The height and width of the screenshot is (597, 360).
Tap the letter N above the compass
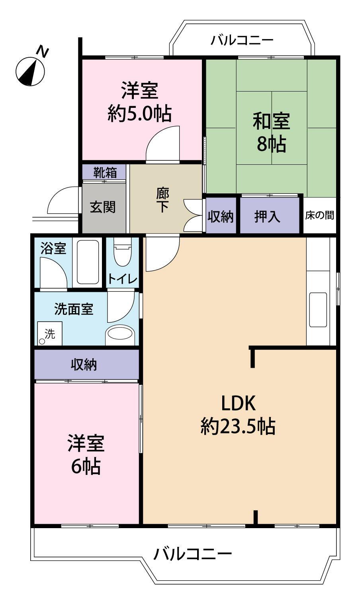pyautogui.click(x=42, y=52)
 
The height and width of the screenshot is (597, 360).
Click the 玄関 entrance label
pyautogui.click(x=103, y=207)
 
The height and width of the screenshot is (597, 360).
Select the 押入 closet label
pyautogui.click(x=267, y=216)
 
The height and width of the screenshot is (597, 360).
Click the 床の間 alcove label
pyautogui.click(x=319, y=215)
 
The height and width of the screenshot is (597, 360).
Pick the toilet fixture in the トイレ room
pyautogui.click(x=123, y=251)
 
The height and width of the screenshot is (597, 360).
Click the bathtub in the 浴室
pyautogui.click(x=88, y=262)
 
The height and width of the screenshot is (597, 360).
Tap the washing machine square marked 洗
pyautogui.click(x=50, y=334)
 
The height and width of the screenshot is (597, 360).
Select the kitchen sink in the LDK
pyautogui.click(x=318, y=310)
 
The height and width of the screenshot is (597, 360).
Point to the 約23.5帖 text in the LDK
pyautogui.click(x=238, y=426)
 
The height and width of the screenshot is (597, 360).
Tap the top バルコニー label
pyautogui.click(x=242, y=41)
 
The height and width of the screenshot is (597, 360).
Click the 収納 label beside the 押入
pyautogui.click(x=221, y=217)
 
